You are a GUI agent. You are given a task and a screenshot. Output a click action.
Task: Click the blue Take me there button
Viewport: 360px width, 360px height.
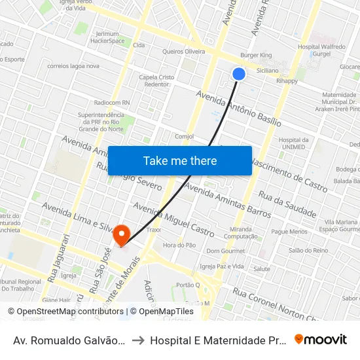pyautogui.click(x=180, y=160)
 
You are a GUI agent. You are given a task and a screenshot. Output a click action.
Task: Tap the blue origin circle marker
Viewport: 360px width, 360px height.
pyautogui.click(x=239, y=74)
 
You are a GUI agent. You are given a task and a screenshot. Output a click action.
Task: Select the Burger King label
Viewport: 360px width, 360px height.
pyautogui.click(x=256, y=56)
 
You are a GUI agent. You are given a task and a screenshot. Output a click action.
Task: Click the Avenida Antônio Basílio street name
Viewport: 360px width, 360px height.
pyautogui.click(x=239, y=109)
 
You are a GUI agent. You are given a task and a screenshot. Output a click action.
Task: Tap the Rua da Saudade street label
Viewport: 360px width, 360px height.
pyautogui.click(x=287, y=204)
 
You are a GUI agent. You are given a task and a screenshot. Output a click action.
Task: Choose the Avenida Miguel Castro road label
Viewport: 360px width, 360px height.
pyautogui.click(x=173, y=219)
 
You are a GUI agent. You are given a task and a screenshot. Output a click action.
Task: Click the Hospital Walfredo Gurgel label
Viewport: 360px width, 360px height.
pyautogui.click(x=321, y=51)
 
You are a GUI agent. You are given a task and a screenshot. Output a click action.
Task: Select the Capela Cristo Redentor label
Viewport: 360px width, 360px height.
pyautogui.click(x=156, y=81)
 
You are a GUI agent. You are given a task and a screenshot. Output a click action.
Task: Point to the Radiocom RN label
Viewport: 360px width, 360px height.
pyautogui.click(x=112, y=103)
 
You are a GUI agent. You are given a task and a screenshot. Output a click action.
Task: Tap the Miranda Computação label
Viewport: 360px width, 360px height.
pyautogui.click(x=243, y=232)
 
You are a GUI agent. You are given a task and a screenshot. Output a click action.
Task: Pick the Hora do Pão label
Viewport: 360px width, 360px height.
pyautogui.click(x=179, y=245)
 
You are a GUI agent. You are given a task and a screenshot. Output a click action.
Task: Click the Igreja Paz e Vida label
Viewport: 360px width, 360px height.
pyautogui.click(x=222, y=266)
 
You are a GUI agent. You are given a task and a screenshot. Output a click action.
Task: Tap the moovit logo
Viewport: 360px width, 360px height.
pyautogui.click(x=320, y=340)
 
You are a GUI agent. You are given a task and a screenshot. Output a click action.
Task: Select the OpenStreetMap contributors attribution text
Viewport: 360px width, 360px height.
pyautogui.click(x=65, y=312)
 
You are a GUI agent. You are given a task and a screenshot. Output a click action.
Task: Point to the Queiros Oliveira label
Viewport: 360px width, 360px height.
pyautogui.click(x=183, y=51)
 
